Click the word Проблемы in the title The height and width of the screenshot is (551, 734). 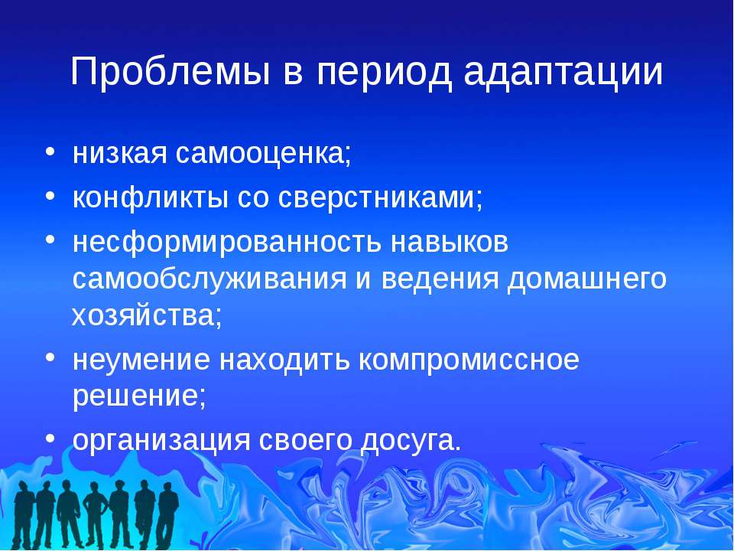pos(171,72)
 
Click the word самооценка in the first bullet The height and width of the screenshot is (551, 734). pos(263,153)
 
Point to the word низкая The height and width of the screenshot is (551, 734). pos(120,153)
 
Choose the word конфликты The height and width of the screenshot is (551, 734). pos(151,197)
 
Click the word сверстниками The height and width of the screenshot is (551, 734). pos(380,197)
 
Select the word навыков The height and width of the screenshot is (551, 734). pos(450,242)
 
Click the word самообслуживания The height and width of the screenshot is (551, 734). pos(209,279)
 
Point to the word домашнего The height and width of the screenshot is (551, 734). pos(587,279)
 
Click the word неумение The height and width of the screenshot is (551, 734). pos(141,360)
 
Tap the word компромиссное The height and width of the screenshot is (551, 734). pos(469,360)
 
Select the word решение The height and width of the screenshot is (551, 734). pos(139,396)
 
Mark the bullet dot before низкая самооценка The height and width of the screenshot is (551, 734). pos(50,152)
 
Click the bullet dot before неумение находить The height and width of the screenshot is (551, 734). pos(50,357)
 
